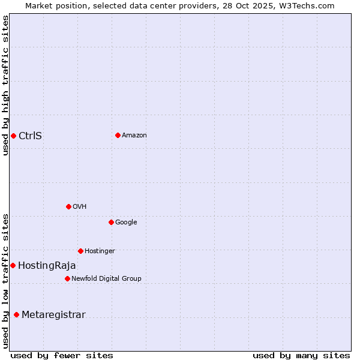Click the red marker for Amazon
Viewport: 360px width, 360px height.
point(118,135)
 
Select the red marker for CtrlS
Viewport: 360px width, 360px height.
point(13,136)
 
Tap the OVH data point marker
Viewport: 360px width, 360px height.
point(68,206)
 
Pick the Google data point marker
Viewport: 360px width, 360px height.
point(111,222)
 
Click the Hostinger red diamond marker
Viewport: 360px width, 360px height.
point(80,251)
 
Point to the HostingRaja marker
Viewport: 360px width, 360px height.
point(13,265)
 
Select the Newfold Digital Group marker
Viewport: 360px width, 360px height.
point(67,278)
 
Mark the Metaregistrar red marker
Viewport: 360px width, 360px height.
point(16,314)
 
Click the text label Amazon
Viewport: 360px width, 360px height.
point(134,136)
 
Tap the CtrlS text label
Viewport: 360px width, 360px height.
point(30,136)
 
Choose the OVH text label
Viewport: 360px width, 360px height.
point(80,207)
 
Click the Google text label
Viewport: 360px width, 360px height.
point(126,223)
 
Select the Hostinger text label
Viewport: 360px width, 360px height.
point(100,251)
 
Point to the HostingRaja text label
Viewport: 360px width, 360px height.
point(47,266)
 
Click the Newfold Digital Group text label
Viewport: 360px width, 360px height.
point(106,278)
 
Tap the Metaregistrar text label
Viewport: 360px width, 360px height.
point(53,315)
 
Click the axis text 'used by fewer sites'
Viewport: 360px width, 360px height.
point(62,355)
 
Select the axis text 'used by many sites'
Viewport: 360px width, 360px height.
point(301,355)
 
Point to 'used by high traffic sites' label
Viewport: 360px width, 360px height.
point(5,85)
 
